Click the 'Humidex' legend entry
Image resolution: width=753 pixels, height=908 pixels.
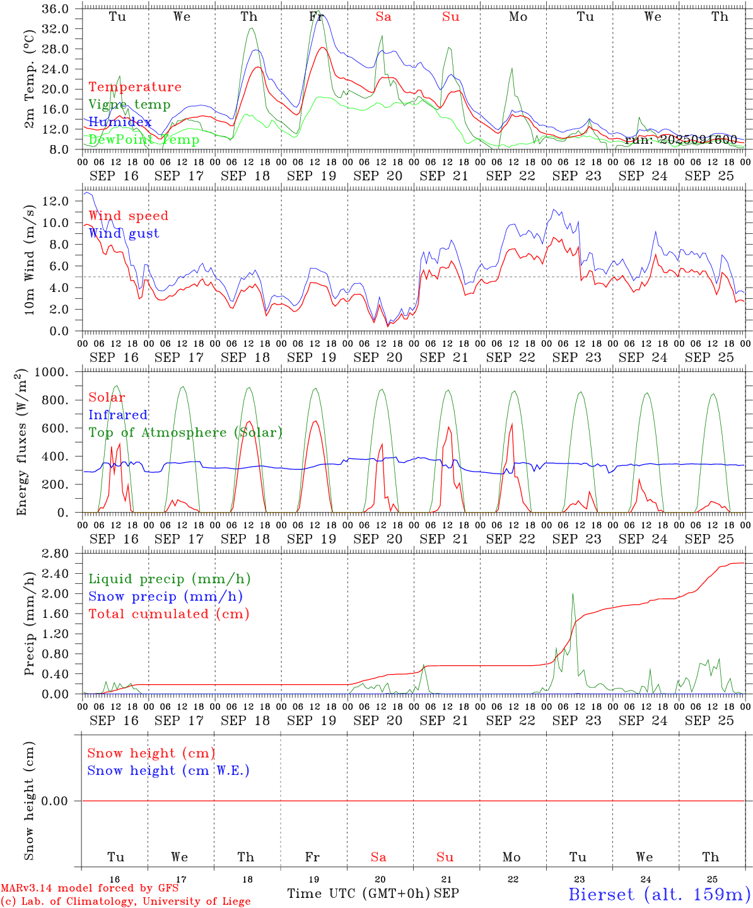(x=120, y=122)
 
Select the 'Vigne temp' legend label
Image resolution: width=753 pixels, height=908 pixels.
(x=129, y=105)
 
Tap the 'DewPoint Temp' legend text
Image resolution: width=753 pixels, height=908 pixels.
(x=144, y=140)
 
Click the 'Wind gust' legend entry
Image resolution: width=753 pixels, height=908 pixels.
(x=124, y=233)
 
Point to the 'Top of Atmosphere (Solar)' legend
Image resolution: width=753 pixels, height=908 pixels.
(x=185, y=433)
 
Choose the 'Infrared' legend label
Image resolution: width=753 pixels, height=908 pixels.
(x=118, y=415)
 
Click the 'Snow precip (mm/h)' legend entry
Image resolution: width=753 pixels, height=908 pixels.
(x=165, y=597)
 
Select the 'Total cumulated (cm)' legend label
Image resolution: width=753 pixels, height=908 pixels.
(x=168, y=614)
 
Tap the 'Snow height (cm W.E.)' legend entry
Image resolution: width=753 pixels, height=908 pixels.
(x=168, y=771)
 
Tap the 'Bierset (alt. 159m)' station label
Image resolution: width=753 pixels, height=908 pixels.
(x=659, y=894)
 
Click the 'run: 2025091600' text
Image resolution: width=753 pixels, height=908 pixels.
(x=681, y=140)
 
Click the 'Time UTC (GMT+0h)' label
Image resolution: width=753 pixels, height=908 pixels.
(x=358, y=893)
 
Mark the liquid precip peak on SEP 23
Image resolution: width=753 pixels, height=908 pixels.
(x=573, y=594)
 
